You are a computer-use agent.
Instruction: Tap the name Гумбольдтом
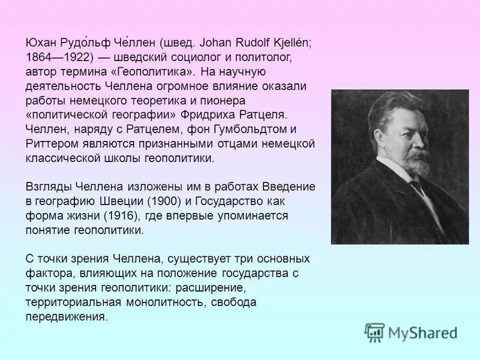pyautogui.click(x=245, y=130)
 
